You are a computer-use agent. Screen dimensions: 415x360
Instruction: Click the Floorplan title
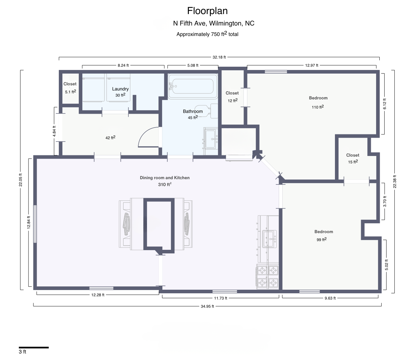click(x=207, y=11)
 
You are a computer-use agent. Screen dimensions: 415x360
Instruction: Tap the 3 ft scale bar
click(x=34, y=348)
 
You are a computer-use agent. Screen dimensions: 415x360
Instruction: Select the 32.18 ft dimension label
click(x=219, y=57)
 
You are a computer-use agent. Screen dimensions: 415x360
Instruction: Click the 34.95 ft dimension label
click(x=207, y=306)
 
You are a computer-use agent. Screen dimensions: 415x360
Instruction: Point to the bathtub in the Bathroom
click(x=193, y=86)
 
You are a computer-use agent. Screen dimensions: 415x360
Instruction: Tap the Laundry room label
click(x=120, y=89)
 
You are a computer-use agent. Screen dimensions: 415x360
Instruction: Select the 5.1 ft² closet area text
click(x=71, y=92)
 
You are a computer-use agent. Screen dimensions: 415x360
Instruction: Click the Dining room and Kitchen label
click(x=165, y=178)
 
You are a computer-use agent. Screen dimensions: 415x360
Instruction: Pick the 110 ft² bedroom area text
click(x=318, y=107)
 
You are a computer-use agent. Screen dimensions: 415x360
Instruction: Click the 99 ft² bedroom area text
click(x=322, y=239)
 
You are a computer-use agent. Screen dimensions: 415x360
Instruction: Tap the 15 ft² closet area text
click(x=353, y=162)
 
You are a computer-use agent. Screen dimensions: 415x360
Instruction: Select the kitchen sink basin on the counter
click(x=270, y=239)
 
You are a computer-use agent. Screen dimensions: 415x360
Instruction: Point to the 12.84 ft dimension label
click(x=29, y=222)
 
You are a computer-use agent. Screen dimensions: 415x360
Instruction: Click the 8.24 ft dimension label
click(x=123, y=65)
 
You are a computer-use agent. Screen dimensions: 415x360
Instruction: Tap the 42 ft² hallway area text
click(x=110, y=138)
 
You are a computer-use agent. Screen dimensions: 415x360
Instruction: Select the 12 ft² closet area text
click(x=232, y=100)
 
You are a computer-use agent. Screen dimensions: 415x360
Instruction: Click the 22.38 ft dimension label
click(x=395, y=181)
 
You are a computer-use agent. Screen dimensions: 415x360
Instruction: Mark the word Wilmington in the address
click(x=226, y=24)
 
